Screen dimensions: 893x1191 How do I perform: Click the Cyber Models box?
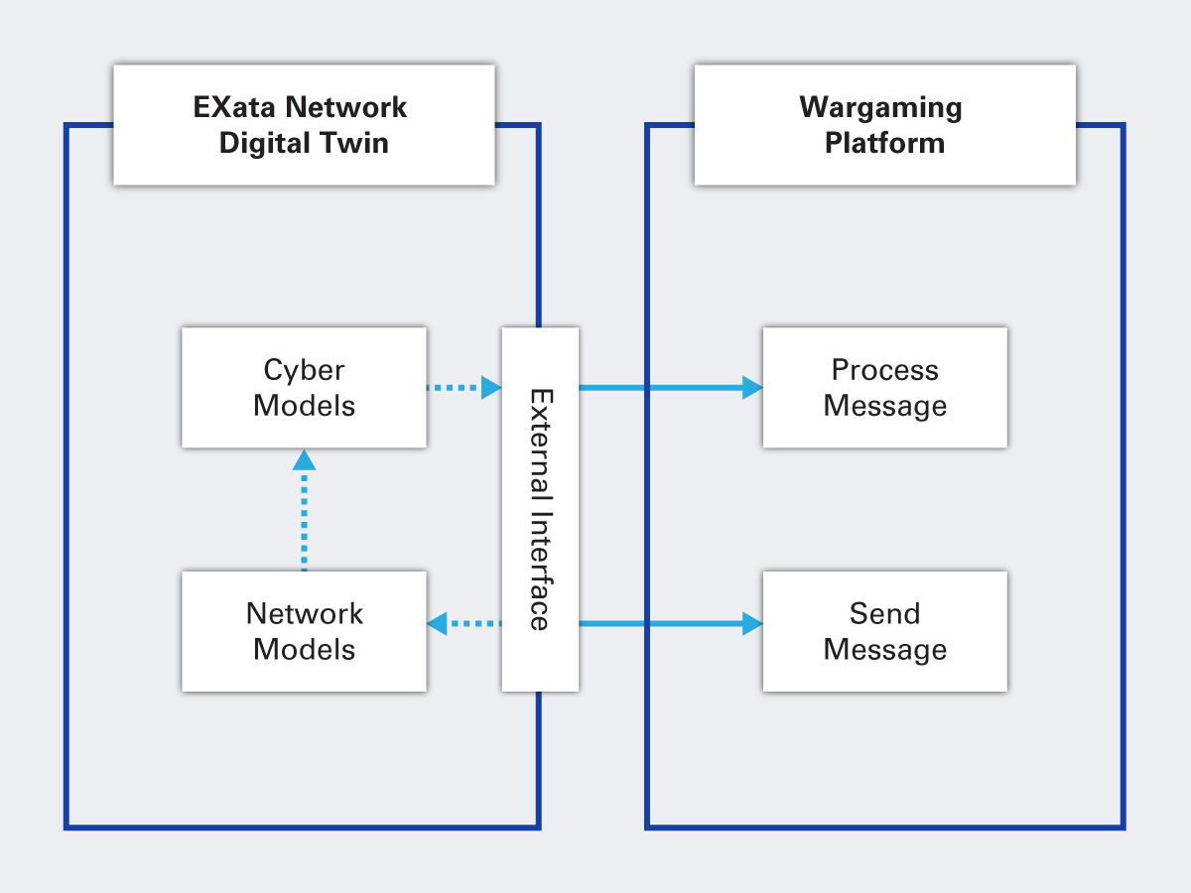304,388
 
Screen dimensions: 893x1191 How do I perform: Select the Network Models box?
304,631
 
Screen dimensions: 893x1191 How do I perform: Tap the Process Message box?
884,388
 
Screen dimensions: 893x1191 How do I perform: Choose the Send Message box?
884,631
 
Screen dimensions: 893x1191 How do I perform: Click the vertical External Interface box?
540,509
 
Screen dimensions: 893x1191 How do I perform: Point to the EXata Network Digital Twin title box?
304,125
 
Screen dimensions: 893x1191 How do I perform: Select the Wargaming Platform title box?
884,125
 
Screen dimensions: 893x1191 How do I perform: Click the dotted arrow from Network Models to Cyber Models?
304,511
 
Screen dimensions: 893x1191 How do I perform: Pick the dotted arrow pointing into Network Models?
463,624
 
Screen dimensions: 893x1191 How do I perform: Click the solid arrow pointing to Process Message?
670,388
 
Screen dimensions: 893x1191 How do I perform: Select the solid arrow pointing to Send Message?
670,624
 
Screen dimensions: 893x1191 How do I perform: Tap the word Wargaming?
880,107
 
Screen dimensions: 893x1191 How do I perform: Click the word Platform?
884,143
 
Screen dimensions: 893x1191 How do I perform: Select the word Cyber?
304,370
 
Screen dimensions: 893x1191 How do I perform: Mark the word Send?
884,613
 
